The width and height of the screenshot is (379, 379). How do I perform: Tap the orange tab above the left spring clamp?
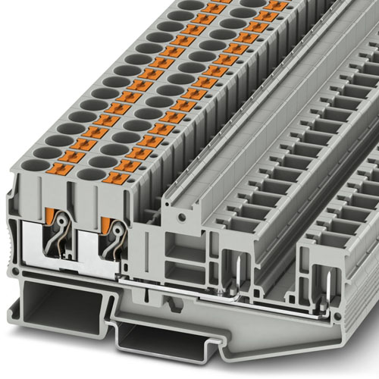(50, 216)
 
